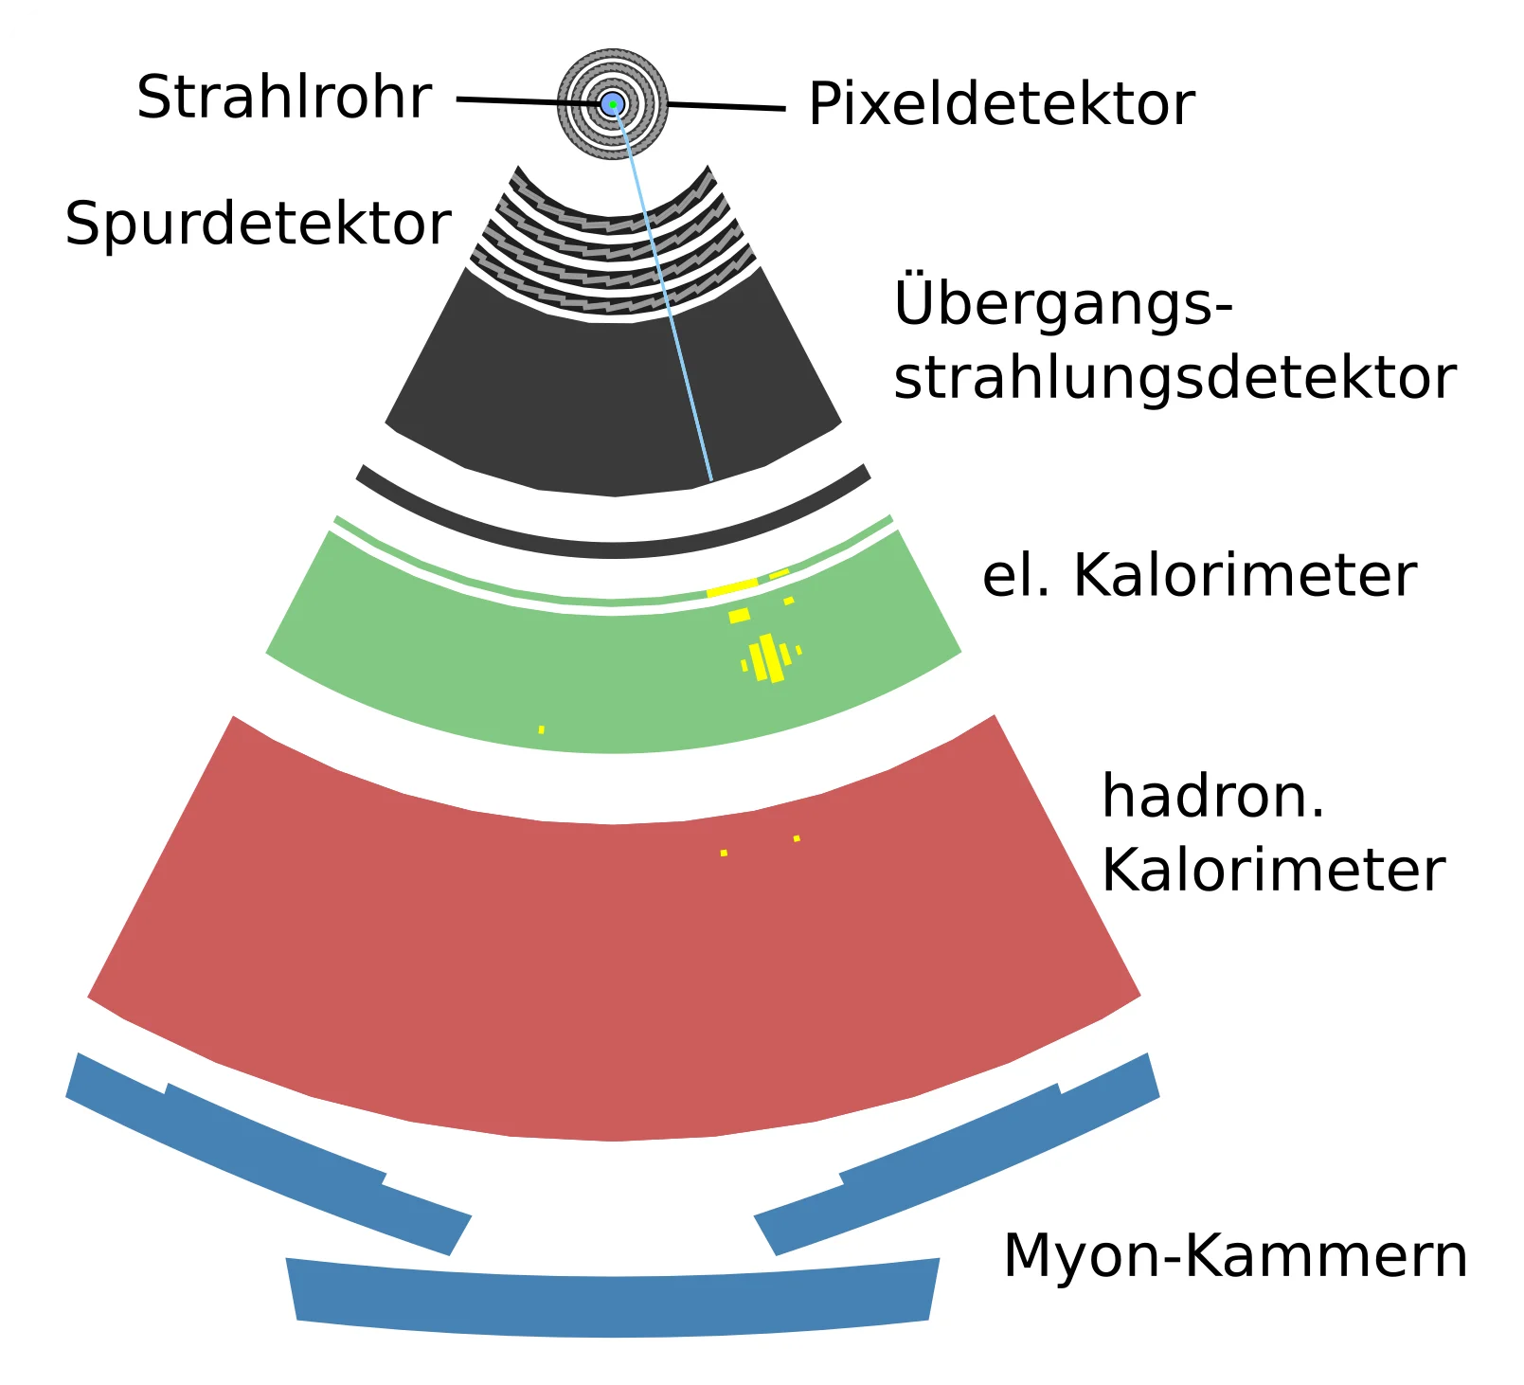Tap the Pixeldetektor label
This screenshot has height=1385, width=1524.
[1001, 103]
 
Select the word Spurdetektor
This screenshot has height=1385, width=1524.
[258, 224]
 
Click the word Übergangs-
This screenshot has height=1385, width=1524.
[1063, 303]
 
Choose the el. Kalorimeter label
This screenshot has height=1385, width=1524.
[1199, 575]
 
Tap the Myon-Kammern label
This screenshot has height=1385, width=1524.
[1235, 1255]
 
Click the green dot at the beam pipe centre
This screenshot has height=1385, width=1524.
[613, 103]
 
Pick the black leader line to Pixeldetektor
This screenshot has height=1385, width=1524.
[729, 107]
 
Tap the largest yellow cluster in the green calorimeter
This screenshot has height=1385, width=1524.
[769, 657]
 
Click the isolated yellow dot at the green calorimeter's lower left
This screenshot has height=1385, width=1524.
[541, 729]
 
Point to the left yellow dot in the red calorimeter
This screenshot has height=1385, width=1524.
[724, 853]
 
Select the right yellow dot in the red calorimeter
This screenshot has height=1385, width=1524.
[797, 838]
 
